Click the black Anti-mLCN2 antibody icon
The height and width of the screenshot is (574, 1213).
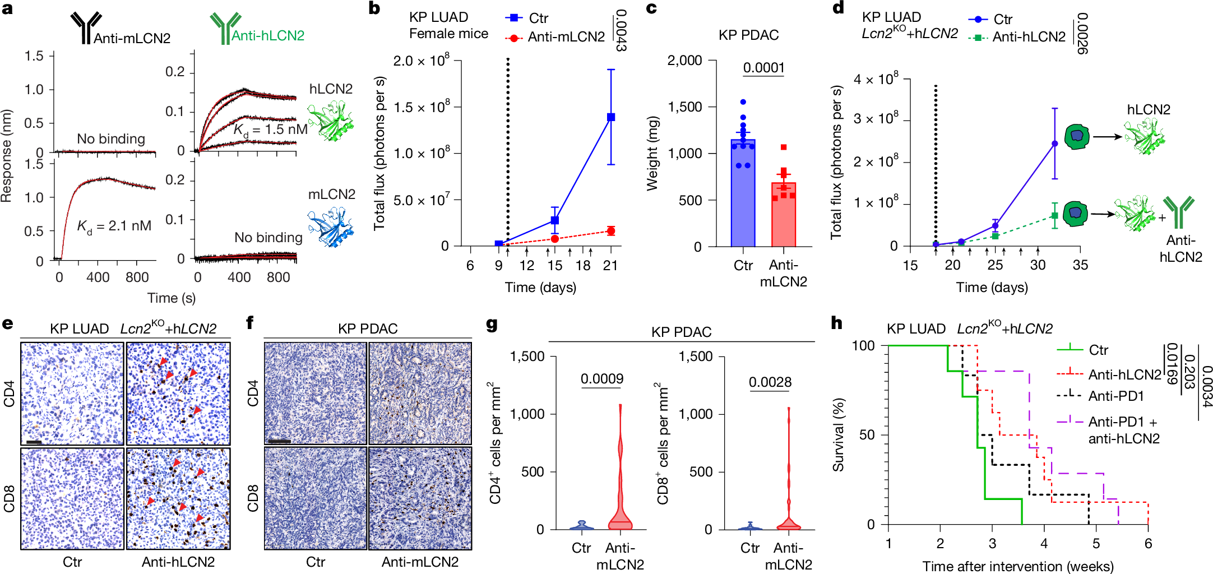[84, 28]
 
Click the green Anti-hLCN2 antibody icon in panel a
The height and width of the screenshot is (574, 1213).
[224, 28]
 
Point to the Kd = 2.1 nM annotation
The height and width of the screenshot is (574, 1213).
[114, 226]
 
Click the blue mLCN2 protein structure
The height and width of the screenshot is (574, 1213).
[331, 228]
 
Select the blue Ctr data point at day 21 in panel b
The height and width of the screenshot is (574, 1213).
[611, 117]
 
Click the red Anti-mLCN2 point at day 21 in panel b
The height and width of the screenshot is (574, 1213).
[611, 231]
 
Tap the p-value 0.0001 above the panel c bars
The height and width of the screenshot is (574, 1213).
[763, 68]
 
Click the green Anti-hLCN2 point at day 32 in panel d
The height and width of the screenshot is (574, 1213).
[1055, 216]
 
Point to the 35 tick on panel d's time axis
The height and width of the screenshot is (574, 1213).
[1080, 265]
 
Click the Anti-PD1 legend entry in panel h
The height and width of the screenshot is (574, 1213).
[1115, 396]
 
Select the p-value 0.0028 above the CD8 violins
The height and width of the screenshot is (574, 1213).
[770, 382]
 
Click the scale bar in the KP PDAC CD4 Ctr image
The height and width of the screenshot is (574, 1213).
[279, 441]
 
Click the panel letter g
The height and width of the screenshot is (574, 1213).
[492, 324]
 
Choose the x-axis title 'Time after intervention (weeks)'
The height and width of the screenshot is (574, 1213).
[1018, 566]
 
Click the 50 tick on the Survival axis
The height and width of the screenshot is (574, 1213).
[867, 435]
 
